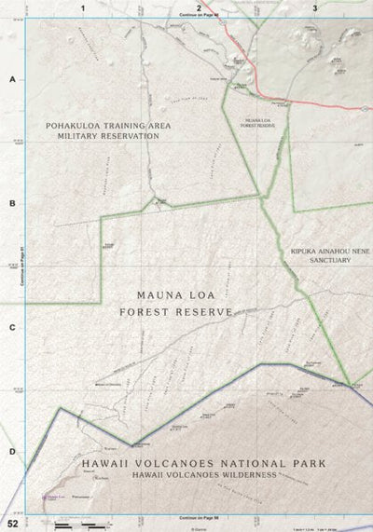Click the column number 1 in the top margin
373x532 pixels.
[x=84, y=7]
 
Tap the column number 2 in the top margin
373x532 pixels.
[x=200, y=7]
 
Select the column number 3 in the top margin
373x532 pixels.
[x=316, y=7]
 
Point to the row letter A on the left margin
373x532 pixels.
[x=12, y=80]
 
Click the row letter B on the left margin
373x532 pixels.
[x=12, y=203]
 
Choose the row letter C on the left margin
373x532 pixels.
[x=12, y=327]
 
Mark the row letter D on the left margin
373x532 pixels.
[x=12, y=452]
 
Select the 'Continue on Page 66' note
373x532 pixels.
[x=200, y=515]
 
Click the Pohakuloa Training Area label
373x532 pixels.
[x=103, y=124]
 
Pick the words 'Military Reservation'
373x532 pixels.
[x=103, y=136]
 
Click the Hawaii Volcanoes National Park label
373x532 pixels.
[x=202, y=463]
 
